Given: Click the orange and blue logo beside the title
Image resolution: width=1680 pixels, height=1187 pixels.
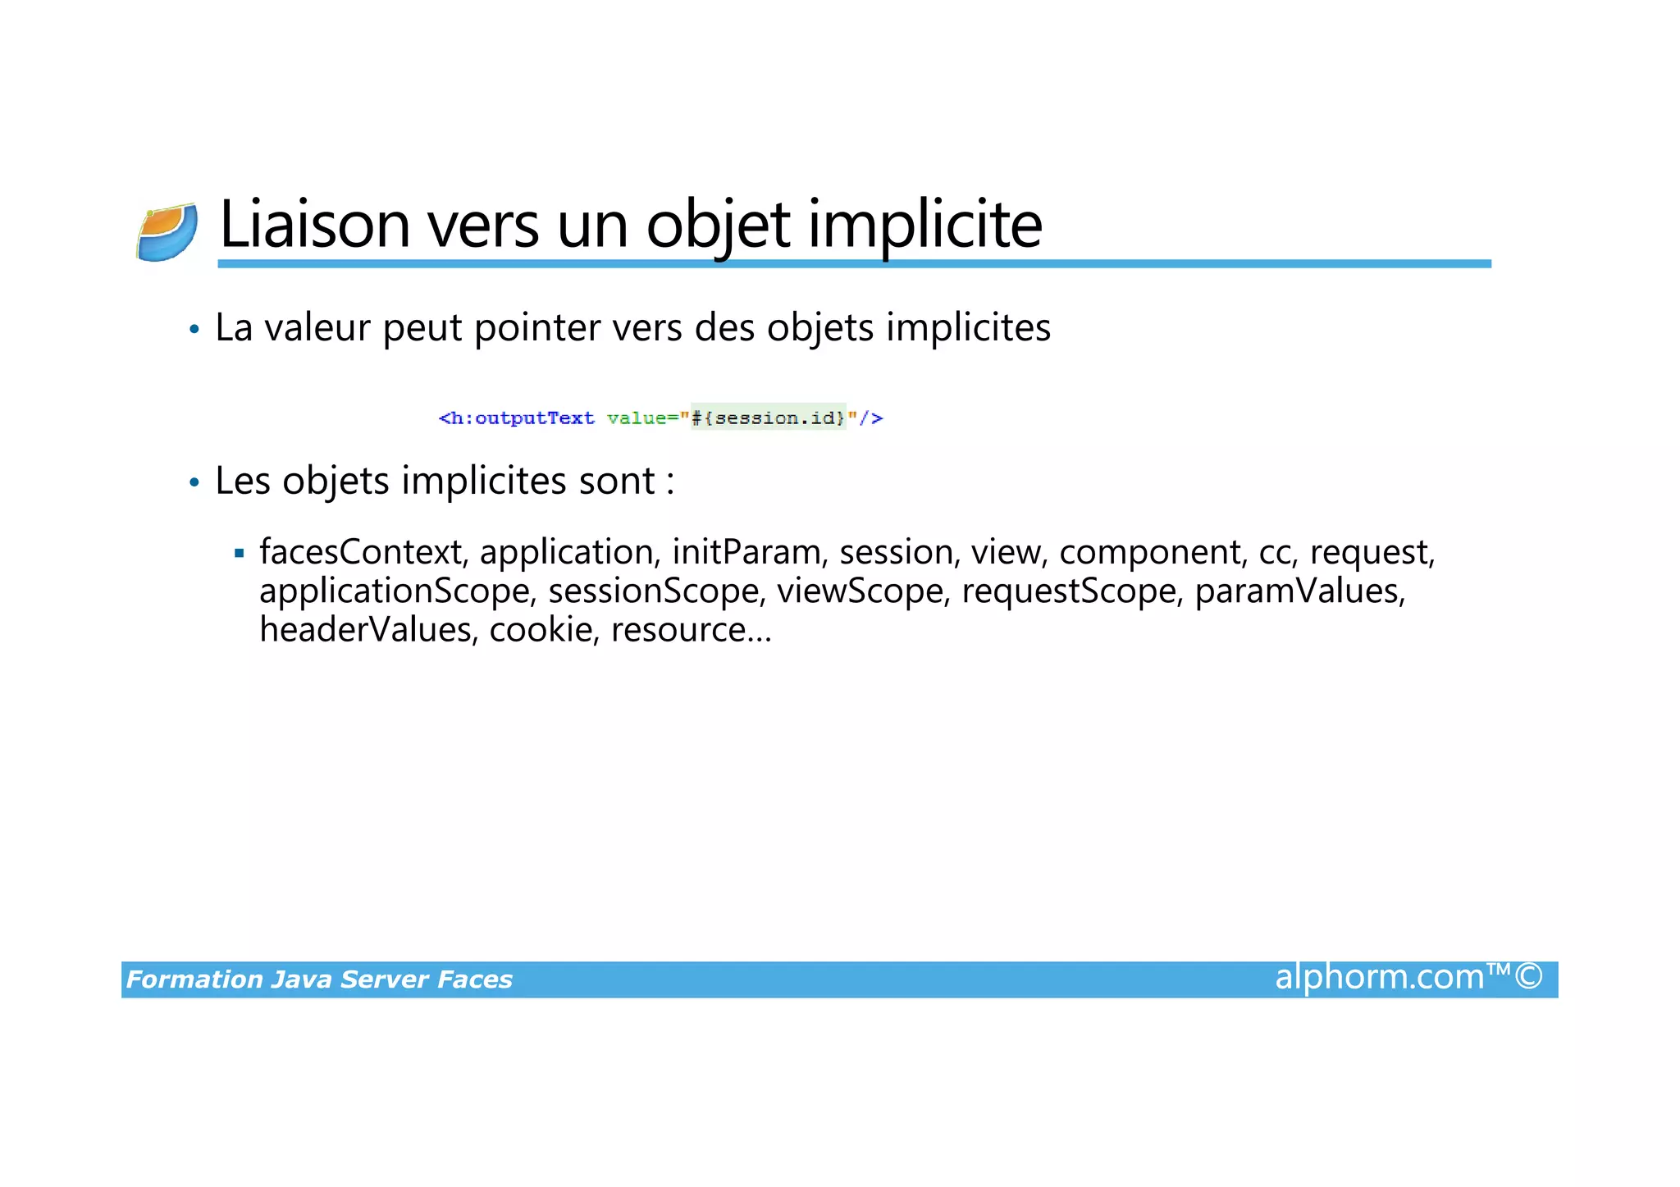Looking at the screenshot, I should pos(167,232).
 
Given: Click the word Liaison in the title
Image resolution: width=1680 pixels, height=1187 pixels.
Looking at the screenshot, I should pos(314,224).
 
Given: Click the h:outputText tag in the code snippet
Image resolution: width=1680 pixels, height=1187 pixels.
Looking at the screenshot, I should pos(517,418).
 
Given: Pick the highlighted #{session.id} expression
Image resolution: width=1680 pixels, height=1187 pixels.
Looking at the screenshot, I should pos(768,418).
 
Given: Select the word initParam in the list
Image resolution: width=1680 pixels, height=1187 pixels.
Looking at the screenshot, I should pos(746,552).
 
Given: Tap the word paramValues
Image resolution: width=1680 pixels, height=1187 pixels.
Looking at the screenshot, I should pos(1299,591).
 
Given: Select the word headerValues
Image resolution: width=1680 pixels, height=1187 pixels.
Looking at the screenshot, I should pos(367,630).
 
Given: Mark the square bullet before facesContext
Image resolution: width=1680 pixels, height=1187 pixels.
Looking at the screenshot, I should pos(239,554).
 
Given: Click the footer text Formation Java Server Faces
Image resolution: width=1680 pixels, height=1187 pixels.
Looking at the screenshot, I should pos(319,979).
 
